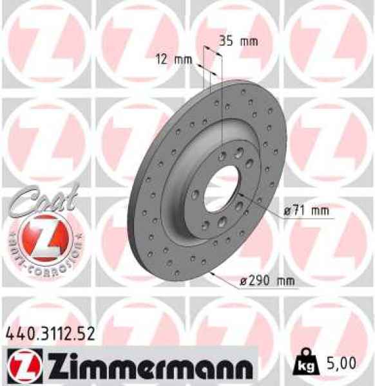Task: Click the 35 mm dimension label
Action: (238, 42)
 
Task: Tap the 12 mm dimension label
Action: (174, 60)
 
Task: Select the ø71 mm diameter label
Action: (307, 210)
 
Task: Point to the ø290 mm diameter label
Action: (264, 280)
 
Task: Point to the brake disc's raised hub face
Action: (193, 174)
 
